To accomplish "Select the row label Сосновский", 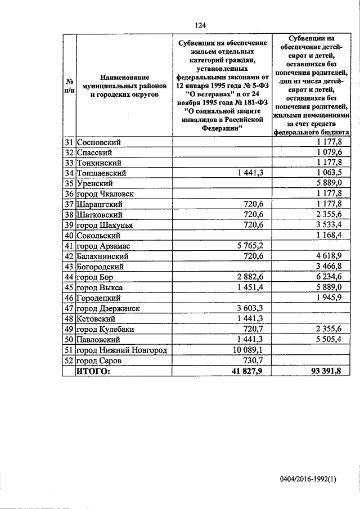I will [99, 142].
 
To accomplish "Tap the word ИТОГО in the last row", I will [93, 371].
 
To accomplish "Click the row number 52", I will [69, 361].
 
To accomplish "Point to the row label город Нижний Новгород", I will [121, 350].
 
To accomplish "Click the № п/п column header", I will [69, 85].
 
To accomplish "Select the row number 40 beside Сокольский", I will [69, 236].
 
